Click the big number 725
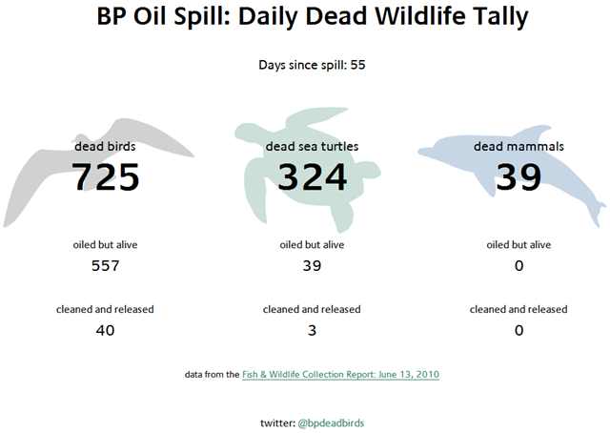point(106,176)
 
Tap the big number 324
point(312,176)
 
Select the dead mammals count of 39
point(518,176)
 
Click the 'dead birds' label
point(105,147)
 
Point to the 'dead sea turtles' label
point(312,147)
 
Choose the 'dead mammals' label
point(518,147)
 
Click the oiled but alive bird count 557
point(105,265)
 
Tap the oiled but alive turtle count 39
point(312,265)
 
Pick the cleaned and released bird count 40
point(105,330)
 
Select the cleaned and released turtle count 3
point(312,330)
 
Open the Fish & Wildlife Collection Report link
point(334,375)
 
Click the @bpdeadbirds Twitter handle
point(331,422)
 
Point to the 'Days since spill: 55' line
point(312,65)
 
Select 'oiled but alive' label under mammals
point(518,244)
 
